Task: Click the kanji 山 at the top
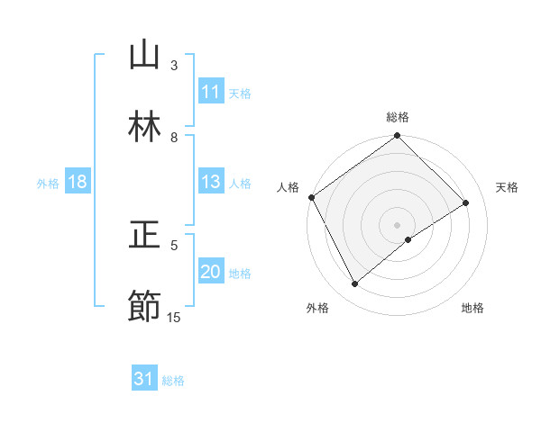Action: (145, 56)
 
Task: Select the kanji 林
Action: (145, 128)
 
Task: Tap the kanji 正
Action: (145, 236)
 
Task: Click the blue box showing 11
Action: (211, 92)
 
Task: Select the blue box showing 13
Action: (211, 182)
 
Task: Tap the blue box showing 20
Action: (211, 272)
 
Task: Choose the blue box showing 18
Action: (78, 182)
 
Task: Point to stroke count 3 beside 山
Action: (173, 65)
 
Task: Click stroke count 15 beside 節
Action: (174, 317)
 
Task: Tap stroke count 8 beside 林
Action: (173, 137)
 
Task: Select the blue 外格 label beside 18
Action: (48, 183)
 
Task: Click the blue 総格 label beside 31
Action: (173, 381)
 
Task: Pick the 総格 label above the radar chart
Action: (398, 117)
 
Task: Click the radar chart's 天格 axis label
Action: (507, 187)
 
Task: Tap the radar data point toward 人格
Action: (311, 197)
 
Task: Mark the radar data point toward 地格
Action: (408, 239)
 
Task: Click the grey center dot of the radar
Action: (397, 224)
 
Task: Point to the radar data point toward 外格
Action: (354, 284)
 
